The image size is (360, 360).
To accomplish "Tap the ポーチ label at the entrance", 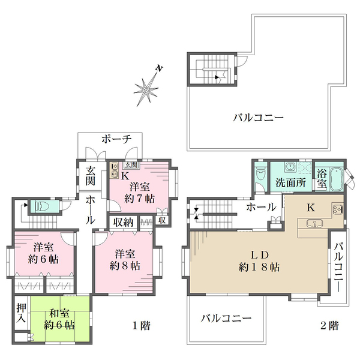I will coord(116,139).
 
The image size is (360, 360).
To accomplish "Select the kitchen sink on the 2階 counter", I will coord(313,224).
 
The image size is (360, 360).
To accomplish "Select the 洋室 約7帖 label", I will coord(140,191).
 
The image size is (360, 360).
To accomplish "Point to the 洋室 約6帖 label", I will coord(44,253).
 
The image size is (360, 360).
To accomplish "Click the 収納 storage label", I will coord(124,220).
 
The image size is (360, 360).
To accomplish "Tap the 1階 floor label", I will coord(141,326).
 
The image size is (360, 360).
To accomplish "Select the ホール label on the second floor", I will coord(261,207).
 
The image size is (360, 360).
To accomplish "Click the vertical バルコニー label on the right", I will coord(340,266).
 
